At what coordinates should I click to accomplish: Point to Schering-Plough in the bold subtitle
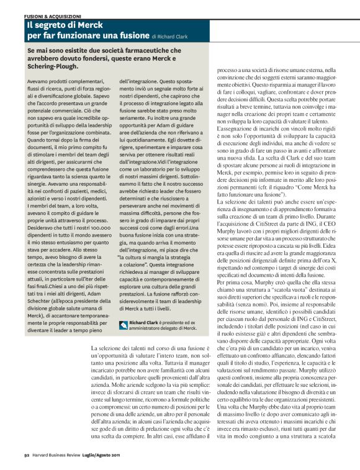point(53,66)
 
